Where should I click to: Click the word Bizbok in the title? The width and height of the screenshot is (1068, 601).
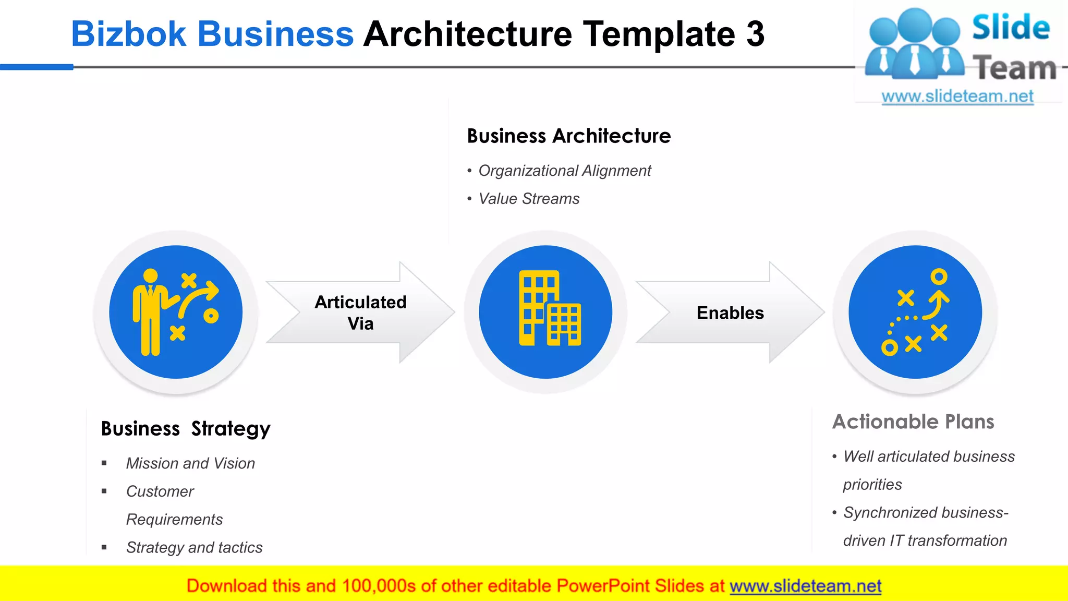pyautogui.click(x=128, y=34)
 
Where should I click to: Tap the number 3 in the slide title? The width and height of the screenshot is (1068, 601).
pyautogui.click(x=755, y=34)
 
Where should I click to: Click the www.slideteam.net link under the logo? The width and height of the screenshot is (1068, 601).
pyautogui.click(x=957, y=97)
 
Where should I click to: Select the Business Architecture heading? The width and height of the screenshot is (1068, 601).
pyautogui.click(x=568, y=136)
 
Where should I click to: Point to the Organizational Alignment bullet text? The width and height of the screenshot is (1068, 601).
pyautogui.click(x=564, y=171)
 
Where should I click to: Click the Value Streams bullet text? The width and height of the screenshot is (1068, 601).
pyautogui.click(x=528, y=199)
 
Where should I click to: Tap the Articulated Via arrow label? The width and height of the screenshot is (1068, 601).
pyautogui.click(x=360, y=312)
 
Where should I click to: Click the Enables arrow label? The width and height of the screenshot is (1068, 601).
pyautogui.click(x=730, y=313)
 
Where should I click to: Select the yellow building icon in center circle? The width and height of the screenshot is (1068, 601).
pyautogui.click(x=549, y=308)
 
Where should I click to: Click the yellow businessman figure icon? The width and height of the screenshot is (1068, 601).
pyautogui.click(x=150, y=312)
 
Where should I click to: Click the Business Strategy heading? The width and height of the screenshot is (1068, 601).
pyautogui.click(x=186, y=429)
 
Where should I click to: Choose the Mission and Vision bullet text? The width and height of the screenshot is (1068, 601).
pyautogui.click(x=190, y=463)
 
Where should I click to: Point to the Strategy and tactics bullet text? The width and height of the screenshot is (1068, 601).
pyautogui.click(x=194, y=547)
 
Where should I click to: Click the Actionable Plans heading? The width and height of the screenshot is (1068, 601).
pyautogui.click(x=913, y=422)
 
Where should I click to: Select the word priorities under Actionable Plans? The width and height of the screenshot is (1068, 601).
pyautogui.click(x=872, y=485)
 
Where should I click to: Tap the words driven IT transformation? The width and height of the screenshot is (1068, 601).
pyautogui.click(x=925, y=540)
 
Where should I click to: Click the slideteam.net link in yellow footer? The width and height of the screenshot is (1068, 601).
pyautogui.click(x=805, y=586)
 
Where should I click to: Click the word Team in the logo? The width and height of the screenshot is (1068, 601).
pyautogui.click(x=1014, y=68)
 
